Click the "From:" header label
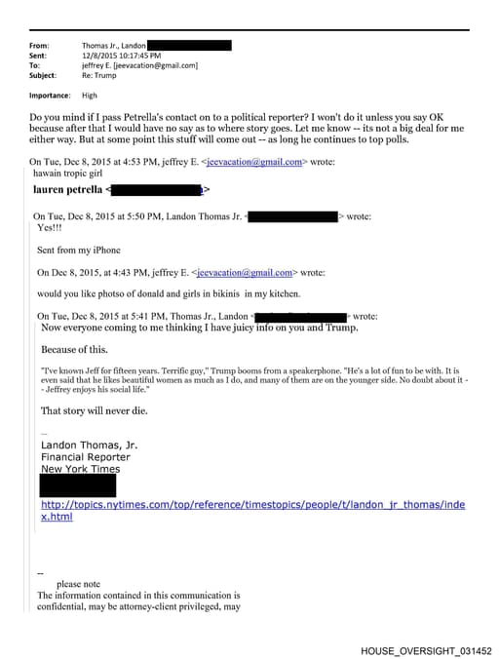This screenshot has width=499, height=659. pyautogui.click(x=39, y=46)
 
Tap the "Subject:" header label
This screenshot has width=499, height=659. pyautogui.click(x=43, y=75)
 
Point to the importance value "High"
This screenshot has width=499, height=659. pyautogui.click(x=90, y=96)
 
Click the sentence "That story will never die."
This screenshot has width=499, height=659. pyautogui.click(x=94, y=410)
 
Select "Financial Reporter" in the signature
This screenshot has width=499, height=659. pyautogui.click(x=85, y=457)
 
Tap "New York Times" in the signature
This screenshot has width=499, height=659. pyautogui.click(x=80, y=469)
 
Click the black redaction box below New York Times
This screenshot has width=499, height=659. pyautogui.click(x=78, y=485)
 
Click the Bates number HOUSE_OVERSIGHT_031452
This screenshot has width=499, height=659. pyautogui.click(x=426, y=650)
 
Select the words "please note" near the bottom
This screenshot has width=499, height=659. pyautogui.click(x=78, y=584)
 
